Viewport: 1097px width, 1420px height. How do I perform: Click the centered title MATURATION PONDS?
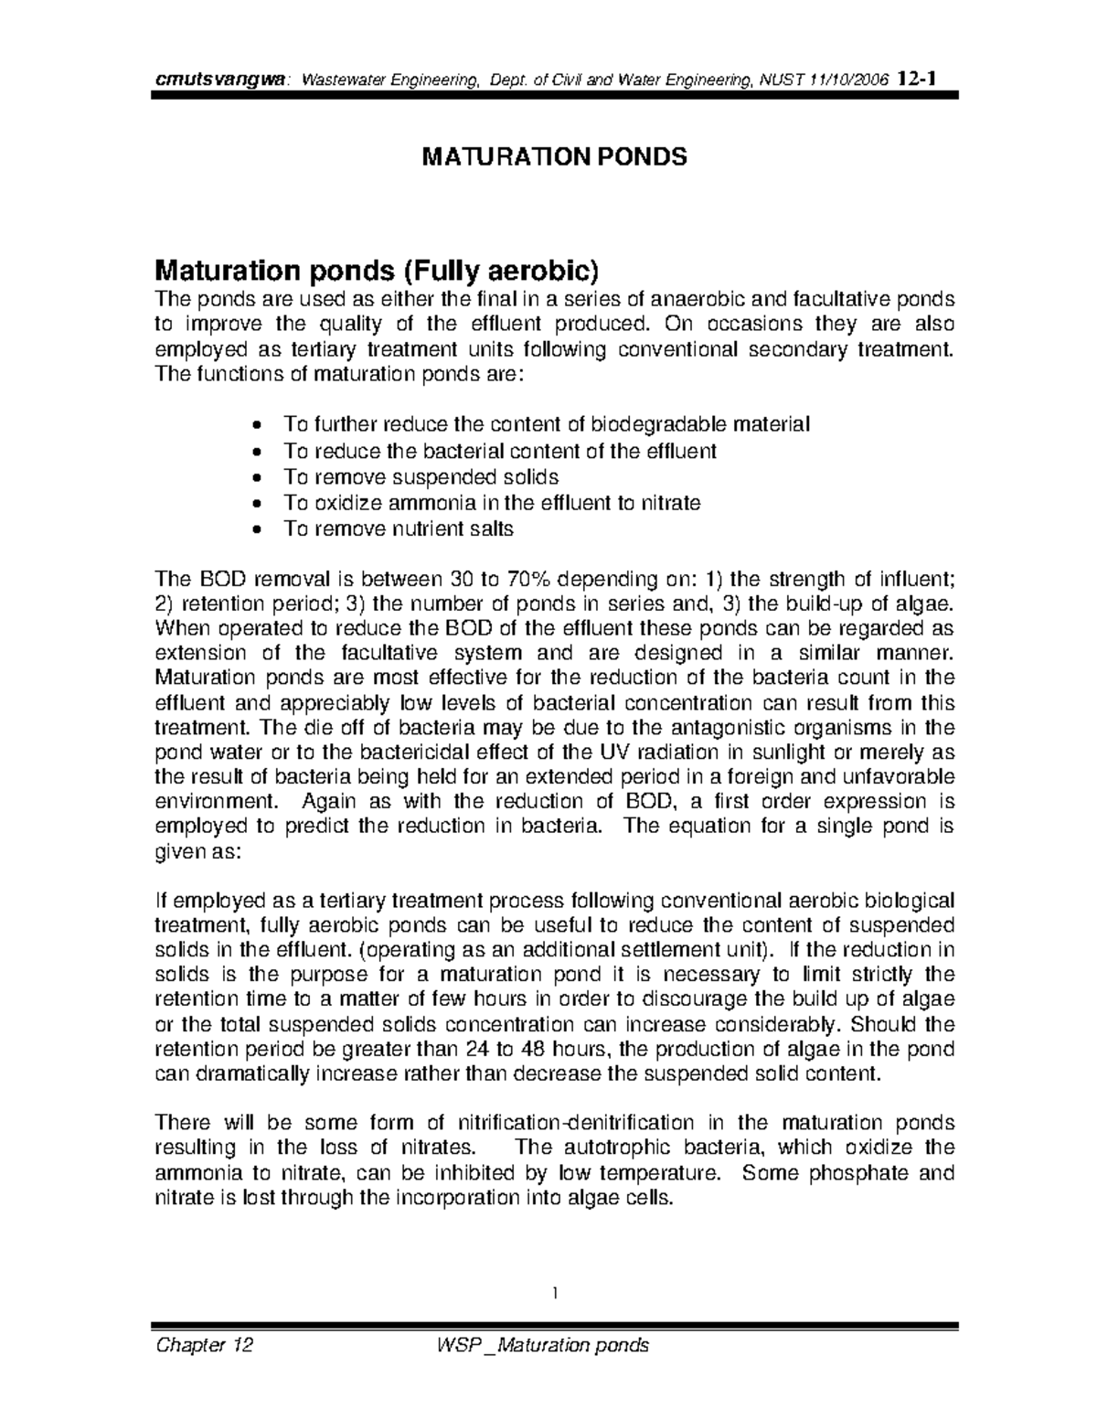click(553, 157)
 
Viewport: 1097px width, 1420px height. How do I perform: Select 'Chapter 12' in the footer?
click(205, 1345)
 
